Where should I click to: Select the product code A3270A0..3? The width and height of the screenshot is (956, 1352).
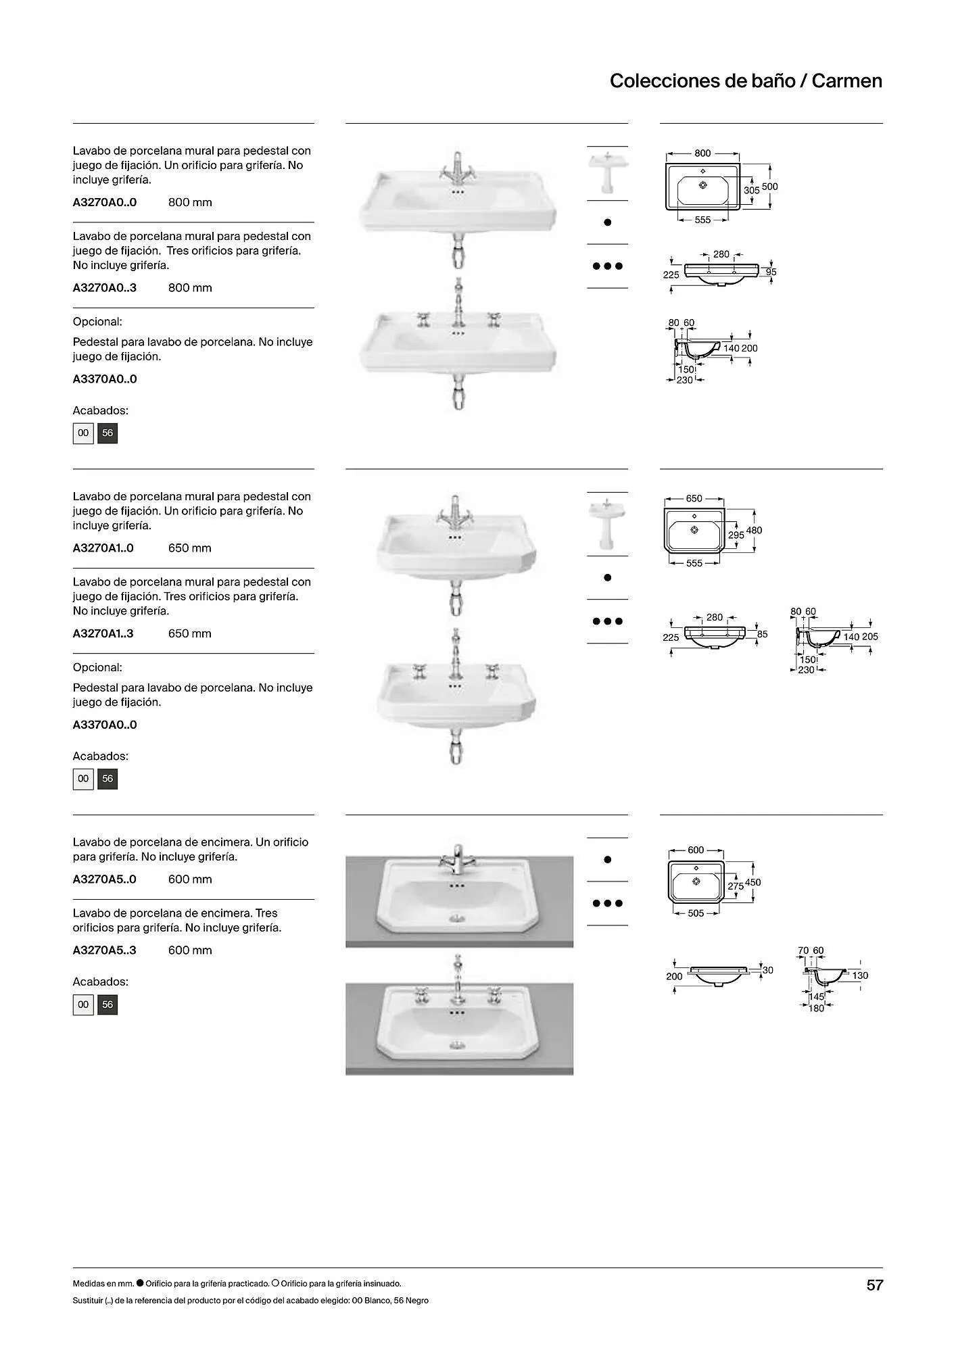pyautogui.click(x=105, y=288)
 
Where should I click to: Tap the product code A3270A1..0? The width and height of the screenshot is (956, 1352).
pyautogui.click(x=103, y=548)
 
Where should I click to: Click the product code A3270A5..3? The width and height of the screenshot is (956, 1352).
pyautogui.click(x=105, y=950)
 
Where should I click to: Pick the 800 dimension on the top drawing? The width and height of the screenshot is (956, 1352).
pyautogui.click(x=702, y=153)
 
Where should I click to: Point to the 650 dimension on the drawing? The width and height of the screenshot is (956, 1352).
pyautogui.click(x=694, y=499)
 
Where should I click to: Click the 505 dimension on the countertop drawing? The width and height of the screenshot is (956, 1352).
pyautogui.click(x=696, y=913)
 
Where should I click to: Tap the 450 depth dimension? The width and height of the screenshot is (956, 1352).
pyautogui.click(x=752, y=882)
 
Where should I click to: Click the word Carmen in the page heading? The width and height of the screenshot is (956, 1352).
pyautogui.click(x=847, y=81)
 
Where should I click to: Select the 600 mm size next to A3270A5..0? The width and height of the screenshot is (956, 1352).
pyautogui.click(x=190, y=879)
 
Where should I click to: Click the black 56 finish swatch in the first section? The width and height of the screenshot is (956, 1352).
pyautogui.click(x=107, y=433)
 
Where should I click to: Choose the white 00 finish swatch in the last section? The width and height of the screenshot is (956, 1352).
pyautogui.click(x=83, y=1005)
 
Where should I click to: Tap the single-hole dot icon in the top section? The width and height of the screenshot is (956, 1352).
pyautogui.click(x=607, y=222)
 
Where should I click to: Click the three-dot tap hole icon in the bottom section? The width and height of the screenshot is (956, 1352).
pyautogui.click(x=607, y=903)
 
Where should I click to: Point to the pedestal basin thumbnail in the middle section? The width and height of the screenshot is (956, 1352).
pyautogui.click(x=607, y=524)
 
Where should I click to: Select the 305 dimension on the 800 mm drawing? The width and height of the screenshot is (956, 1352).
pyautogui.click(x=752, y=191)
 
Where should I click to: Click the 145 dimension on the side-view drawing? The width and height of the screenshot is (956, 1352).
pyautogui.click(x=817, y=997)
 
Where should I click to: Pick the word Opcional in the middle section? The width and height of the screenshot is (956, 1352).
pyautogui.click(x=97, y=668)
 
